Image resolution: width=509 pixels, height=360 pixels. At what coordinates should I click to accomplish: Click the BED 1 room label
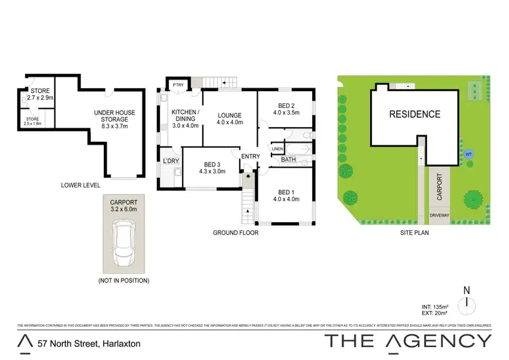tap(285, 195)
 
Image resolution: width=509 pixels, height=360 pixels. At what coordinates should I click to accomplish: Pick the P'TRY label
tap(178, 85)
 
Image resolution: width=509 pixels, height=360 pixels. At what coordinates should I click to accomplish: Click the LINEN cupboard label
tap(277, 149)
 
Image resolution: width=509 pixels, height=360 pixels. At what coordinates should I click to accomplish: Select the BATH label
tap(288, 160)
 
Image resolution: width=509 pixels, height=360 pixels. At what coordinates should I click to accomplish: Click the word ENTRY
tap(250, 157)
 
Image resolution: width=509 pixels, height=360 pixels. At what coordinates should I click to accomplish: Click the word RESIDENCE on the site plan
tap(414, 114)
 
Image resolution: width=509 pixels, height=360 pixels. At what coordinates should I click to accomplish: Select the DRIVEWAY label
tap(439, 215)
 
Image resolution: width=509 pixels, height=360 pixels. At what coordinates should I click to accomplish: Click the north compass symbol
tap(466, 303)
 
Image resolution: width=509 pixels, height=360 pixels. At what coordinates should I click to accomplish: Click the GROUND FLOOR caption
tap(236, 233)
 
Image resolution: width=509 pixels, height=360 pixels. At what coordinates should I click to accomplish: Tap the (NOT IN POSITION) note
tap(124, 281)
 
